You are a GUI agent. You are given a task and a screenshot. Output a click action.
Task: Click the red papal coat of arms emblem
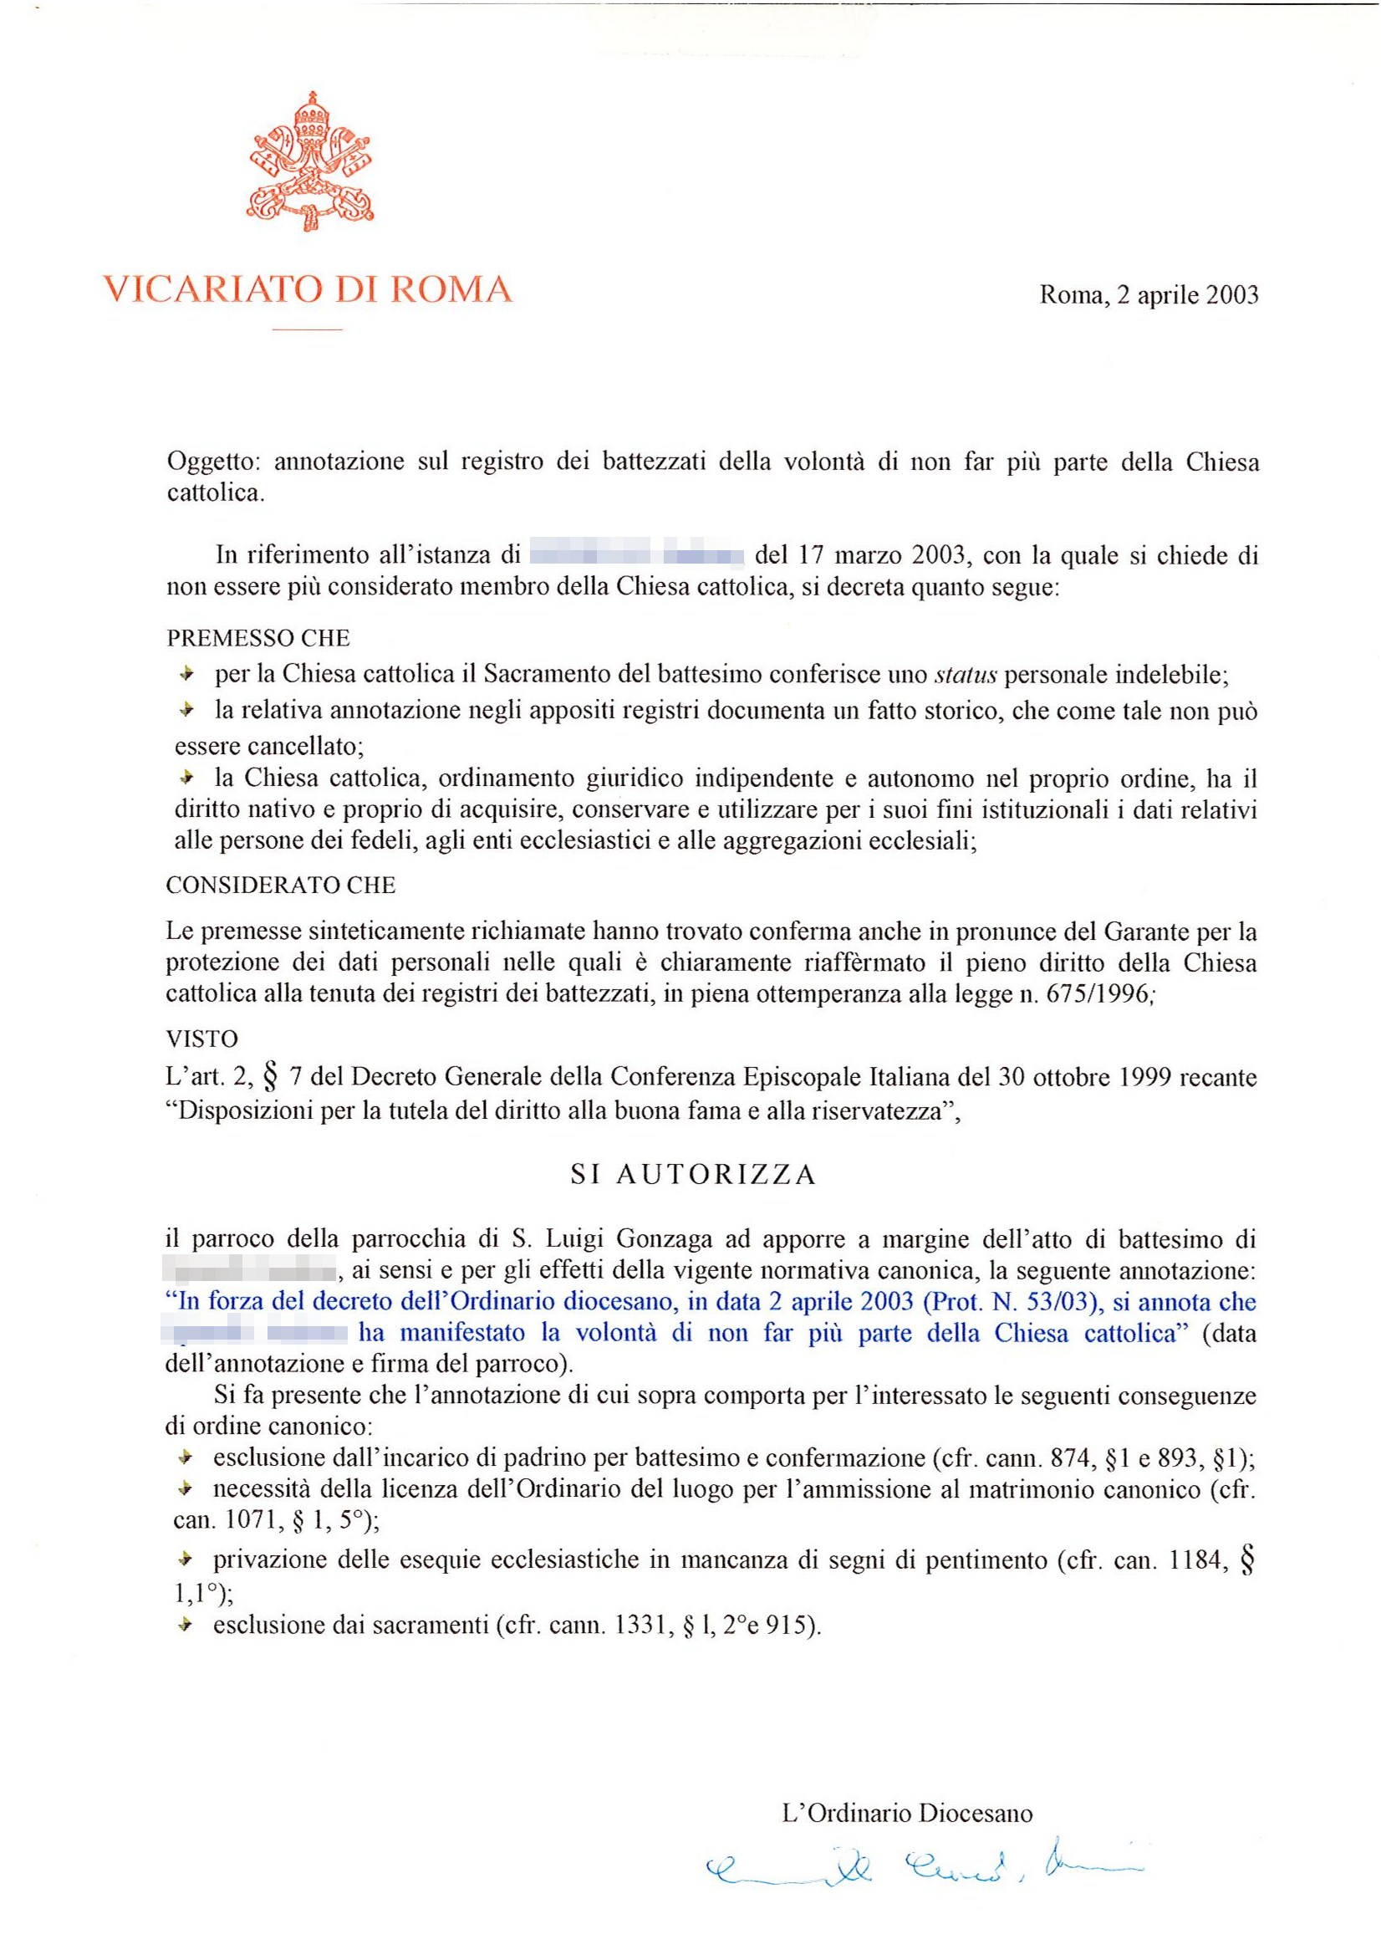click(x=310, y=162)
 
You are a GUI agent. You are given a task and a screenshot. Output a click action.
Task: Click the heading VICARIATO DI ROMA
click(x=308, y=289)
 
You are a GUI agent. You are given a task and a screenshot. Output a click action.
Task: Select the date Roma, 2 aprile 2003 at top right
click(x=1149, y=294)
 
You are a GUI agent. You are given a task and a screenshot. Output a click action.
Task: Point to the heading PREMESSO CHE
click(x=258, y=638)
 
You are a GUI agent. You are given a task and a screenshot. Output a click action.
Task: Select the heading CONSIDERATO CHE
click(x=281, y=886)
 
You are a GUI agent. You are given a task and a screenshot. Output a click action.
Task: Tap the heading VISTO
click(x=201, y=1039)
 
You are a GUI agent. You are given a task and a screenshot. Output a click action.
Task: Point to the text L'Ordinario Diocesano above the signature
click(x=907, y=1814)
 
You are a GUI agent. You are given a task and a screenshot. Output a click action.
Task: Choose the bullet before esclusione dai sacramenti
click(x=184, y=1626)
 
